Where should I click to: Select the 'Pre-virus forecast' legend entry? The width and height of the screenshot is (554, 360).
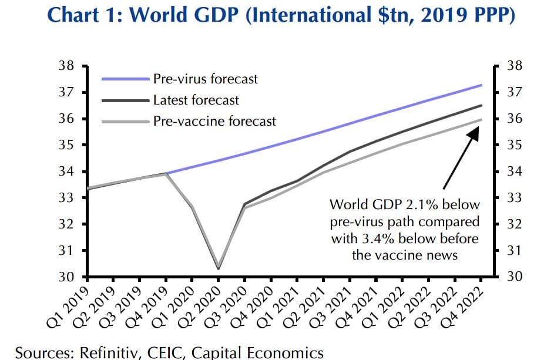point(205,78)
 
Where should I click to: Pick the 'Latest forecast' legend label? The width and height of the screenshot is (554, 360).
point(196,100)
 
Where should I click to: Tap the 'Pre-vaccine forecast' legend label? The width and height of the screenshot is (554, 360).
point(214,122)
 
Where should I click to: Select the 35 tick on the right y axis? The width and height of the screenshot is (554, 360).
point(514,145)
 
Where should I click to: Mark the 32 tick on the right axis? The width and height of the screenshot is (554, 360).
point(514,224)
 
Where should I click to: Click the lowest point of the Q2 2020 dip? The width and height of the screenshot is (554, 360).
point(218,268)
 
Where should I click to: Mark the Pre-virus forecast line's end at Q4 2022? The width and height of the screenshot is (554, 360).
point(482,85)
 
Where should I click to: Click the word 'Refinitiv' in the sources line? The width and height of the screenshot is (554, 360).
point(100,352)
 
